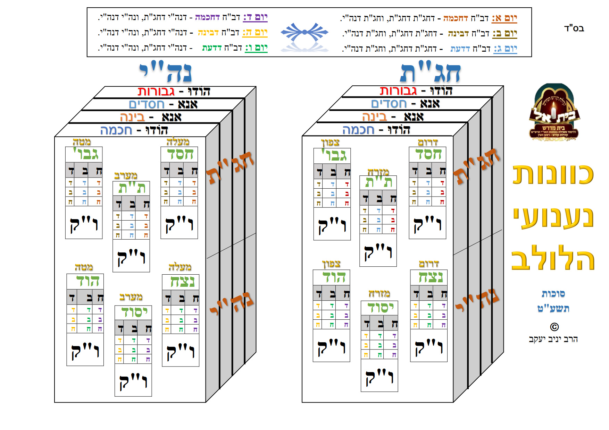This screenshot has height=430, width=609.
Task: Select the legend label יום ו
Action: pyautogui.click(x=256, y=48)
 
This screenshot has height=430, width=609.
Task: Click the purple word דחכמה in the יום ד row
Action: pyautogui.click(x=207, y=17)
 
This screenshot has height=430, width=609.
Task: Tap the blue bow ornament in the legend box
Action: pyautogui.click(x=304, y=32)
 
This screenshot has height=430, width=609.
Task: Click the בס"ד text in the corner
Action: pyautogui.click(x=574, y=28)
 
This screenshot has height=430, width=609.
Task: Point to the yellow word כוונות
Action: pyautogui.click(x=553, y=174)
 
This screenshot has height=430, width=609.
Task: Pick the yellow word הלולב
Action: pyautogui.click(x=553, y=259)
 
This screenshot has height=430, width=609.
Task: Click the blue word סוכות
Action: pyautogui.click(x=553, y=294)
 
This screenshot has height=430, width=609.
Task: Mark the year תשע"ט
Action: pyautogui.click(x=553, y=308)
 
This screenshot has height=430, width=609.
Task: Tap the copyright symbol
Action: pyautogui.click(x=554, y=327)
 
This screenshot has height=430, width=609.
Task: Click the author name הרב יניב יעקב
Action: pyautogui.click(x=553, y=339)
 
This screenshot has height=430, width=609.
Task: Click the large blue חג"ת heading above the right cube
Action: pyautogui.click(x=431, y=73)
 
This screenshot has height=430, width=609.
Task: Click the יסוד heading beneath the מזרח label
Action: pyautogui.click(x=380, y=308)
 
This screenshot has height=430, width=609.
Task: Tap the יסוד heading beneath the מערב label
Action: pyautogui.click(x=134, y=312)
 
